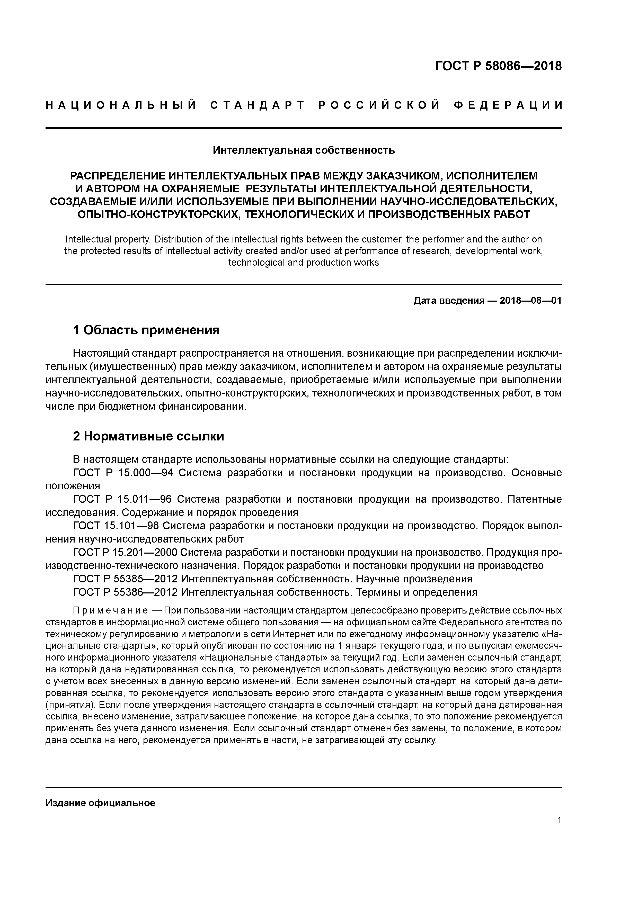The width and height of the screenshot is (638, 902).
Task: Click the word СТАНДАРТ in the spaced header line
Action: click(x=258, y=105)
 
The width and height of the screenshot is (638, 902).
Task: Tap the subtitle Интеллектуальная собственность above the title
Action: click(x=304, y=150)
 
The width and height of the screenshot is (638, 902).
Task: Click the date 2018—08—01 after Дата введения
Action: click(x=531, y=301)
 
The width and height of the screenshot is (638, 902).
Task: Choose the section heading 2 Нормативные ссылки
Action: click(x=149, y=436)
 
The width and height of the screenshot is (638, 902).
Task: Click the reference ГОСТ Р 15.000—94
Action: click(x=123, y=473)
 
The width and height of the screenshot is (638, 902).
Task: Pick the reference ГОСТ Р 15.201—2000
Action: click(x=126, y=553)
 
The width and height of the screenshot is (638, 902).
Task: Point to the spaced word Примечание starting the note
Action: click(x=110, y=611)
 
